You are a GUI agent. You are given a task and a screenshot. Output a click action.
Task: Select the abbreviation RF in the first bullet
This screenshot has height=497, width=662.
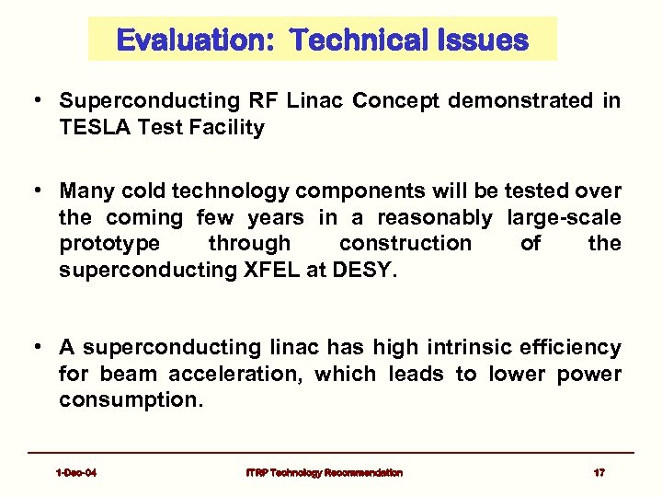click(x=260, y=101)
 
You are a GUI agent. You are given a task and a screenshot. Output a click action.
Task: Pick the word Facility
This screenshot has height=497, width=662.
click(x=225, y=127)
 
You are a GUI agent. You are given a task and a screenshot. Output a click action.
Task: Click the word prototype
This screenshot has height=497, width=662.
click(x=108, y=243)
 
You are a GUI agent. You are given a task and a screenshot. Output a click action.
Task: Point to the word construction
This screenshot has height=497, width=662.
click(x=405, y=243)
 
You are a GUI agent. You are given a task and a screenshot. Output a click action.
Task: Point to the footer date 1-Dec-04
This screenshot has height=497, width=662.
click(x=76, y=472)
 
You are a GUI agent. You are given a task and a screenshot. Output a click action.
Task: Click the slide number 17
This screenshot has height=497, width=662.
click(x=599, y=472)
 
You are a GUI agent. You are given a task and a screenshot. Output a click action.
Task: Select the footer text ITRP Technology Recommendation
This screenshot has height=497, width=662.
click(x=324, y=472)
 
